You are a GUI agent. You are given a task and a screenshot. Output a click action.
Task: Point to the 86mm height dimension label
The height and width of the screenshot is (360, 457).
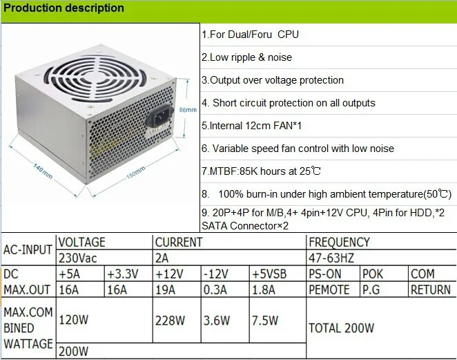(x=187, y=110)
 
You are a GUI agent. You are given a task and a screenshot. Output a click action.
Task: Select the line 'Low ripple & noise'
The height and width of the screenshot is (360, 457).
(x=246, y=57)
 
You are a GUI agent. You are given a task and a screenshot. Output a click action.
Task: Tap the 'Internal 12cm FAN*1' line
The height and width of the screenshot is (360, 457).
(x=252, y=126)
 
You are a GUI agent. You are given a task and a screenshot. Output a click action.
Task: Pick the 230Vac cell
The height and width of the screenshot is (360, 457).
(x=79, y=258)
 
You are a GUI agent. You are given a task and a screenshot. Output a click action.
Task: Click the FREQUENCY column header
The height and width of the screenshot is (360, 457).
(x=339, y=243)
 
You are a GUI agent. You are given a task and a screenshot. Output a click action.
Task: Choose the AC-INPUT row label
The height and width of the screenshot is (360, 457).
(x=28, y=250)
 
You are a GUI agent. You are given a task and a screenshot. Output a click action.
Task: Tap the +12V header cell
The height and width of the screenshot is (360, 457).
(x=170, y=274)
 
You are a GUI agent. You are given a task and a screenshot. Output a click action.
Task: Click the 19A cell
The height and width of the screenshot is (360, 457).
(x=166, y=290)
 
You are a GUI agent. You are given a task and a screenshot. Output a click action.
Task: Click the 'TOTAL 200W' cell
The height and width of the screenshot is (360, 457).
(x=341, y=328)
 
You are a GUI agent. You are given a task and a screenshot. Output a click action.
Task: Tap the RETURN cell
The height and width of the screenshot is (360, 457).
(x=431, y=290)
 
